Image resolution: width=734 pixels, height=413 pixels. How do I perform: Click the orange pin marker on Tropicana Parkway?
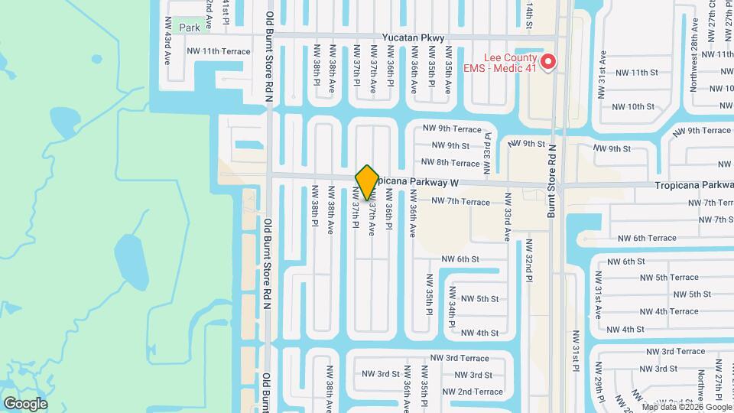pos(368,183)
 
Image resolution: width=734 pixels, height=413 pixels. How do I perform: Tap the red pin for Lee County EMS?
pos(547,62)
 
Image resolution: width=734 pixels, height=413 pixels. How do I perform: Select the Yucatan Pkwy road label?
pos(413,37)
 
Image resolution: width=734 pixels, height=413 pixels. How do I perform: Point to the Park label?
pos(190,28)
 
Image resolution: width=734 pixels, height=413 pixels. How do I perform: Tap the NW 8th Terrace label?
pos(450,163)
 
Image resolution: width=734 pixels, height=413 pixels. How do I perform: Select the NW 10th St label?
pos(634,106)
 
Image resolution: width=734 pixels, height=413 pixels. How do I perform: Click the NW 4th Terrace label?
pos(668,311)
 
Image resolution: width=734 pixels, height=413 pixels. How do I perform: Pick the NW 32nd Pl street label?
pos(528,260)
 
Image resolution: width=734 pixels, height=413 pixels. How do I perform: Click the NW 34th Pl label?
pos(453,308)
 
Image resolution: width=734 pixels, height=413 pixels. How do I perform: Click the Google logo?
pos(25,403)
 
